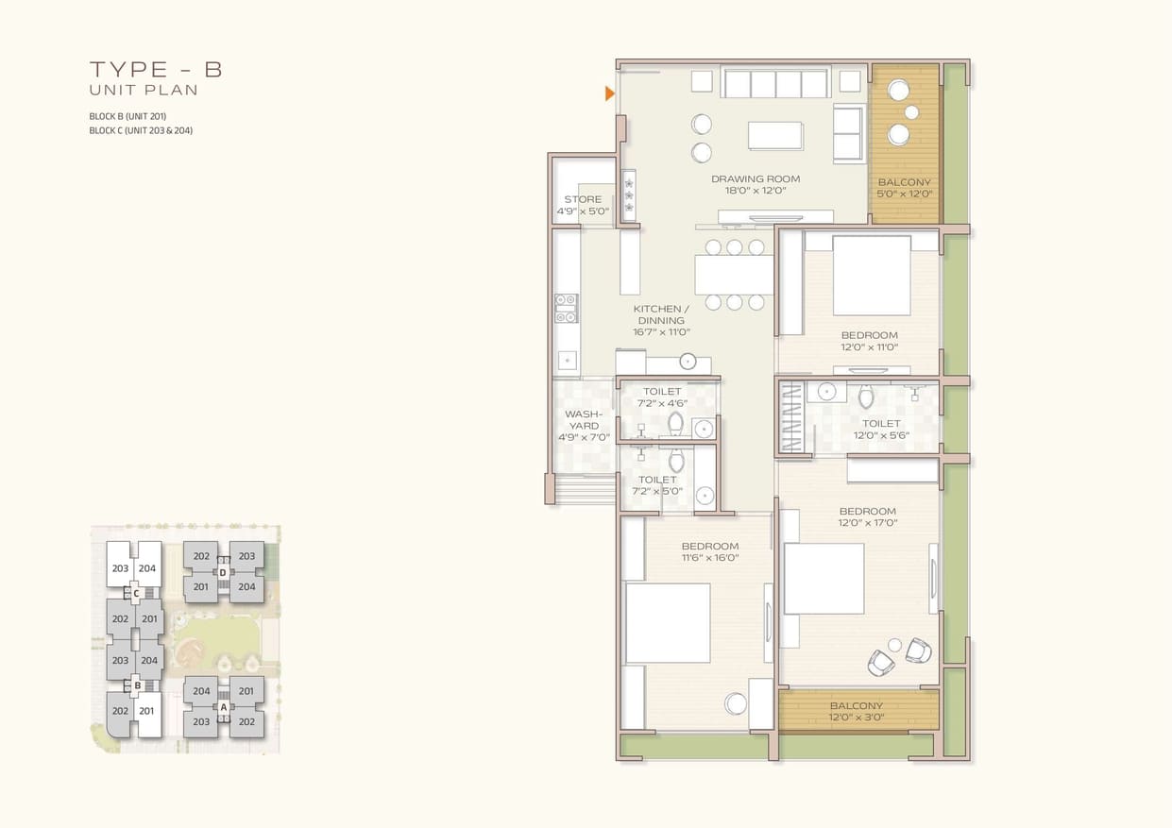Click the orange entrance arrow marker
pyautogui.click(x=609, y=93)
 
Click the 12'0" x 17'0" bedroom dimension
pyautogui.click(x=868, y=522)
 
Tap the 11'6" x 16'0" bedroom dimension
pyautogui.click(x=710, y=558)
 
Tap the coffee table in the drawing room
pyautogui.click(x=775, y=136)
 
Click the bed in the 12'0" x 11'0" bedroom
pyautogui.click(x=871, y=276)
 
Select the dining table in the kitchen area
pyautogui.click(x=734, y=275)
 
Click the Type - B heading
pyautogui.click(x=157, y=70)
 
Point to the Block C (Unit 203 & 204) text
pyautogui.click(x=141, y=130)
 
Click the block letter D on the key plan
pyautogui.click(x=223, y=573)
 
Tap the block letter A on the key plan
pyautogui.click(x=224, y=707)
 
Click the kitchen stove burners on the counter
pyautogui.click(x=567, y=308)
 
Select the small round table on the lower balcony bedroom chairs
pyautogui.click(x=894, y=645)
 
